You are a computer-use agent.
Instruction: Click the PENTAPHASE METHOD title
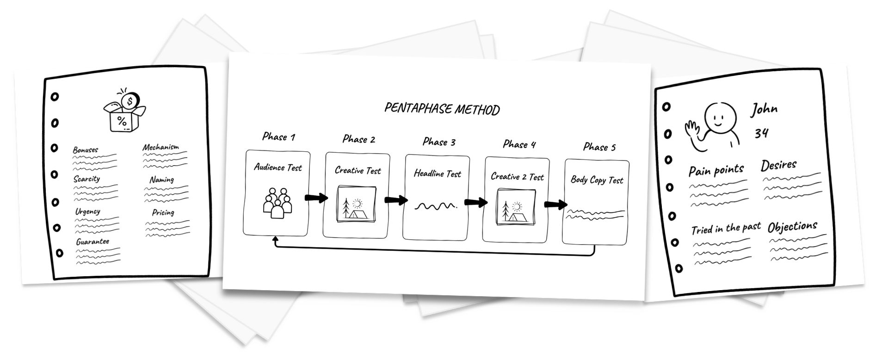[442, 110]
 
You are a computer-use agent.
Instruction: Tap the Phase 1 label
[278, 137]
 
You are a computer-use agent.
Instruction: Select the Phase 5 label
[599, 147]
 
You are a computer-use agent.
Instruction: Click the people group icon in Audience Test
[277, 203]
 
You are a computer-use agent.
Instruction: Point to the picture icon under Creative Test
[356, 205]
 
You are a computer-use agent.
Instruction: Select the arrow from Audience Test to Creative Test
[316, 198]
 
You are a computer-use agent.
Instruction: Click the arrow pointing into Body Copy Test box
[556, 205]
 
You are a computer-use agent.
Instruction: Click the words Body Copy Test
[597, 180]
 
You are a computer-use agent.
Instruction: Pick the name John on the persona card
[764, 109]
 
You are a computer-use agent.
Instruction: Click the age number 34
[761, 133]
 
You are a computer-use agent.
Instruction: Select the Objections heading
[792, 227]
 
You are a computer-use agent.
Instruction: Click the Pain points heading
[716, 170]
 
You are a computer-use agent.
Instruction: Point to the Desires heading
[779, 165]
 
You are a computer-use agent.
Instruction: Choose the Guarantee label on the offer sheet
[92, 242]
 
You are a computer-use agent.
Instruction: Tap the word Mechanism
[160, 147]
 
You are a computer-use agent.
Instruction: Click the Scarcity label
[86, 179]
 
